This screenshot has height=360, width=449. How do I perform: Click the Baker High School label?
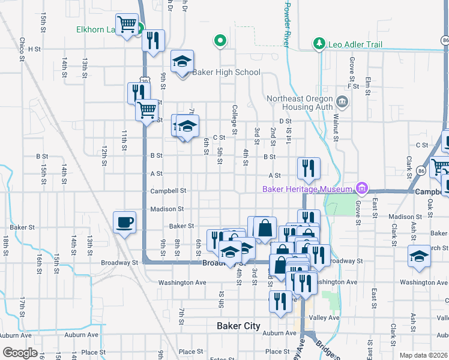226,73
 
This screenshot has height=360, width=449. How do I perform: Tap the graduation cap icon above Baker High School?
182,61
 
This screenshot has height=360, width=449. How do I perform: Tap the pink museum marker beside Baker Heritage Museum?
361,189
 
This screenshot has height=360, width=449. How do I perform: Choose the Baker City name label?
238,326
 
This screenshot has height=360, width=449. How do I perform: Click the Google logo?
20,353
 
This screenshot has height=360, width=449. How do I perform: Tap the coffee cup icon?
125,222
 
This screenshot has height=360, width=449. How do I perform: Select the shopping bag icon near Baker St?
265,228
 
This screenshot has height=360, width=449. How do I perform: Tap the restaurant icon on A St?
309,168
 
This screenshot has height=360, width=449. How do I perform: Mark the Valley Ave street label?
324,317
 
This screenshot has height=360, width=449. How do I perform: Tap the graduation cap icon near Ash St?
420,256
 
